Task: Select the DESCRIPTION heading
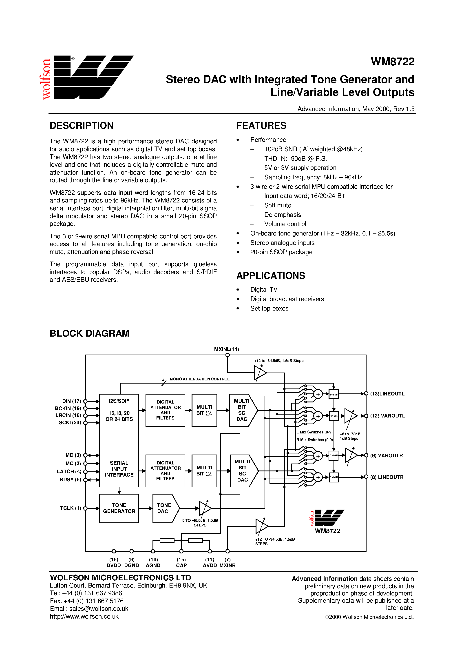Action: point(82,126)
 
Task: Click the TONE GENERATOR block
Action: point(119,508)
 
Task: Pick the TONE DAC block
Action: point(164,508)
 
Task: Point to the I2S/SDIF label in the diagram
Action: point(119,401)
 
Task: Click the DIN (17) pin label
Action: point(71,401)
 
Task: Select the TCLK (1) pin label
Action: point(70,508)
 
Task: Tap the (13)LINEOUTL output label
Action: point(387,394)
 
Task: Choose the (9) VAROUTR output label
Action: point(386,455)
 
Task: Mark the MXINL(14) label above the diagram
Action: point(227,349)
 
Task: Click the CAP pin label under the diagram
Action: point(181,565)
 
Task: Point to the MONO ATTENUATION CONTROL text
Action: point(200,379)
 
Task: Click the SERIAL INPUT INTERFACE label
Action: point(119,469)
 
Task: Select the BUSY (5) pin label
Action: point(70,479)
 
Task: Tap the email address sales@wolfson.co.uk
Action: point(89,609)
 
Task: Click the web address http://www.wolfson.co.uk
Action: point(84,617)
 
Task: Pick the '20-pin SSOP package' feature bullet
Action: point(281,252)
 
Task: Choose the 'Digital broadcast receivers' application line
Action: point(287,299)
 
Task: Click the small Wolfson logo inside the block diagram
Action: point(327,518)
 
